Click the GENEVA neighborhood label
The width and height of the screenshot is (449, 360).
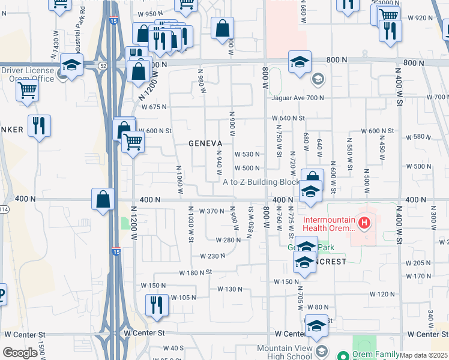(x=206, y=143)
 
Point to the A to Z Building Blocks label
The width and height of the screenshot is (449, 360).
(x=261, y=182)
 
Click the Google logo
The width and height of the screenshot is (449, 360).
(x=20, y=353)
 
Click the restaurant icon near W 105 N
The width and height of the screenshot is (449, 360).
(x=157, y=304)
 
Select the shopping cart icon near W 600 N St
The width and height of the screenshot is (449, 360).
(x=133, y=143)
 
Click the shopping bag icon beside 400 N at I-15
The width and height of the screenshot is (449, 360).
(x=103, y=199)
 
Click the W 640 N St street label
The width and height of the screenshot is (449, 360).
(x=289, y=119)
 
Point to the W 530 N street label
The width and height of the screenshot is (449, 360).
(x=247, y=155)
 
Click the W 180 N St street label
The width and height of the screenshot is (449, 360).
(x=196, y=272)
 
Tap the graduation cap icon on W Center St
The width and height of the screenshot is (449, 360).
(x=316, y=326)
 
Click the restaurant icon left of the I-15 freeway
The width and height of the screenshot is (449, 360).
(x=39, y=126)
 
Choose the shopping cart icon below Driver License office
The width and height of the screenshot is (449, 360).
(x=28, y=91)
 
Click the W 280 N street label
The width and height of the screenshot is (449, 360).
(x=229, y=240)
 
